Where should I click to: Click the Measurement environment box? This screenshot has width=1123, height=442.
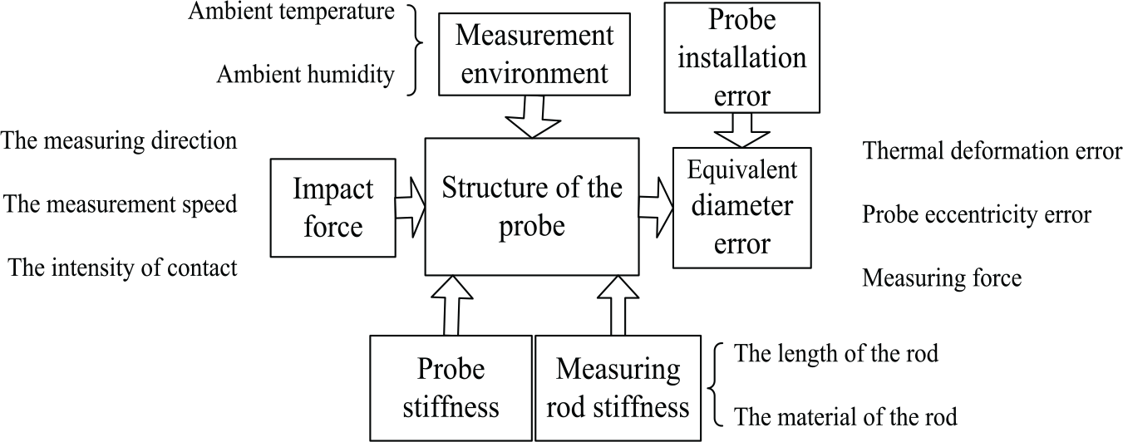(534, 54)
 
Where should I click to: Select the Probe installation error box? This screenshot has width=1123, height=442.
(742, 57)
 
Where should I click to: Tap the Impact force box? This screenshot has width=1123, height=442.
(332, 208)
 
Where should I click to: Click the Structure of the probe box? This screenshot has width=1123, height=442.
(532, 207)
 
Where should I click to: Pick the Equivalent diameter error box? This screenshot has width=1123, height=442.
(742, 208)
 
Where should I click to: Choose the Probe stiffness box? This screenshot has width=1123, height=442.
(451, 388)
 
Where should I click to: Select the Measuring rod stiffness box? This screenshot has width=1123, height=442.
(618, 388)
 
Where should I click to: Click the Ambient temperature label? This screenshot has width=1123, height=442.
(291, 12)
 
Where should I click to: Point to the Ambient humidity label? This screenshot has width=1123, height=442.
(306, 75)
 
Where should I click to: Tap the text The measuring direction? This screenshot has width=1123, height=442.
(120, 140)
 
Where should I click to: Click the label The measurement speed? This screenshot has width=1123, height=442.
(121, 204)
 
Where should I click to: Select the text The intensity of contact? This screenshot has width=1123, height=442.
(122, 268)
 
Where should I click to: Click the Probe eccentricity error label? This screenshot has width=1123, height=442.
(977, 214)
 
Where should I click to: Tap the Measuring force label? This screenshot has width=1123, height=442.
(942, 278)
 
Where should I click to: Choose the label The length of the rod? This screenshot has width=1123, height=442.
(836, 353)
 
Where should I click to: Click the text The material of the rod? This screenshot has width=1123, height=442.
(845, 416)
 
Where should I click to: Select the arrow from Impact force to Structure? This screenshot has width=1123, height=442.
(411, 208)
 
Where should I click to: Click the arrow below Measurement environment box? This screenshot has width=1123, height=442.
(533, 117)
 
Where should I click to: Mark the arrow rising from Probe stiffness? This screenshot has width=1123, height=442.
(451, 305)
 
